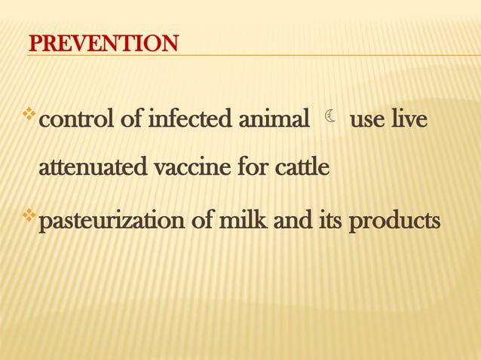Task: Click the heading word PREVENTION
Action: pos(103,44)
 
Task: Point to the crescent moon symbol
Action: pos(330,117)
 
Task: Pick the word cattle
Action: pos(299,168)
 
